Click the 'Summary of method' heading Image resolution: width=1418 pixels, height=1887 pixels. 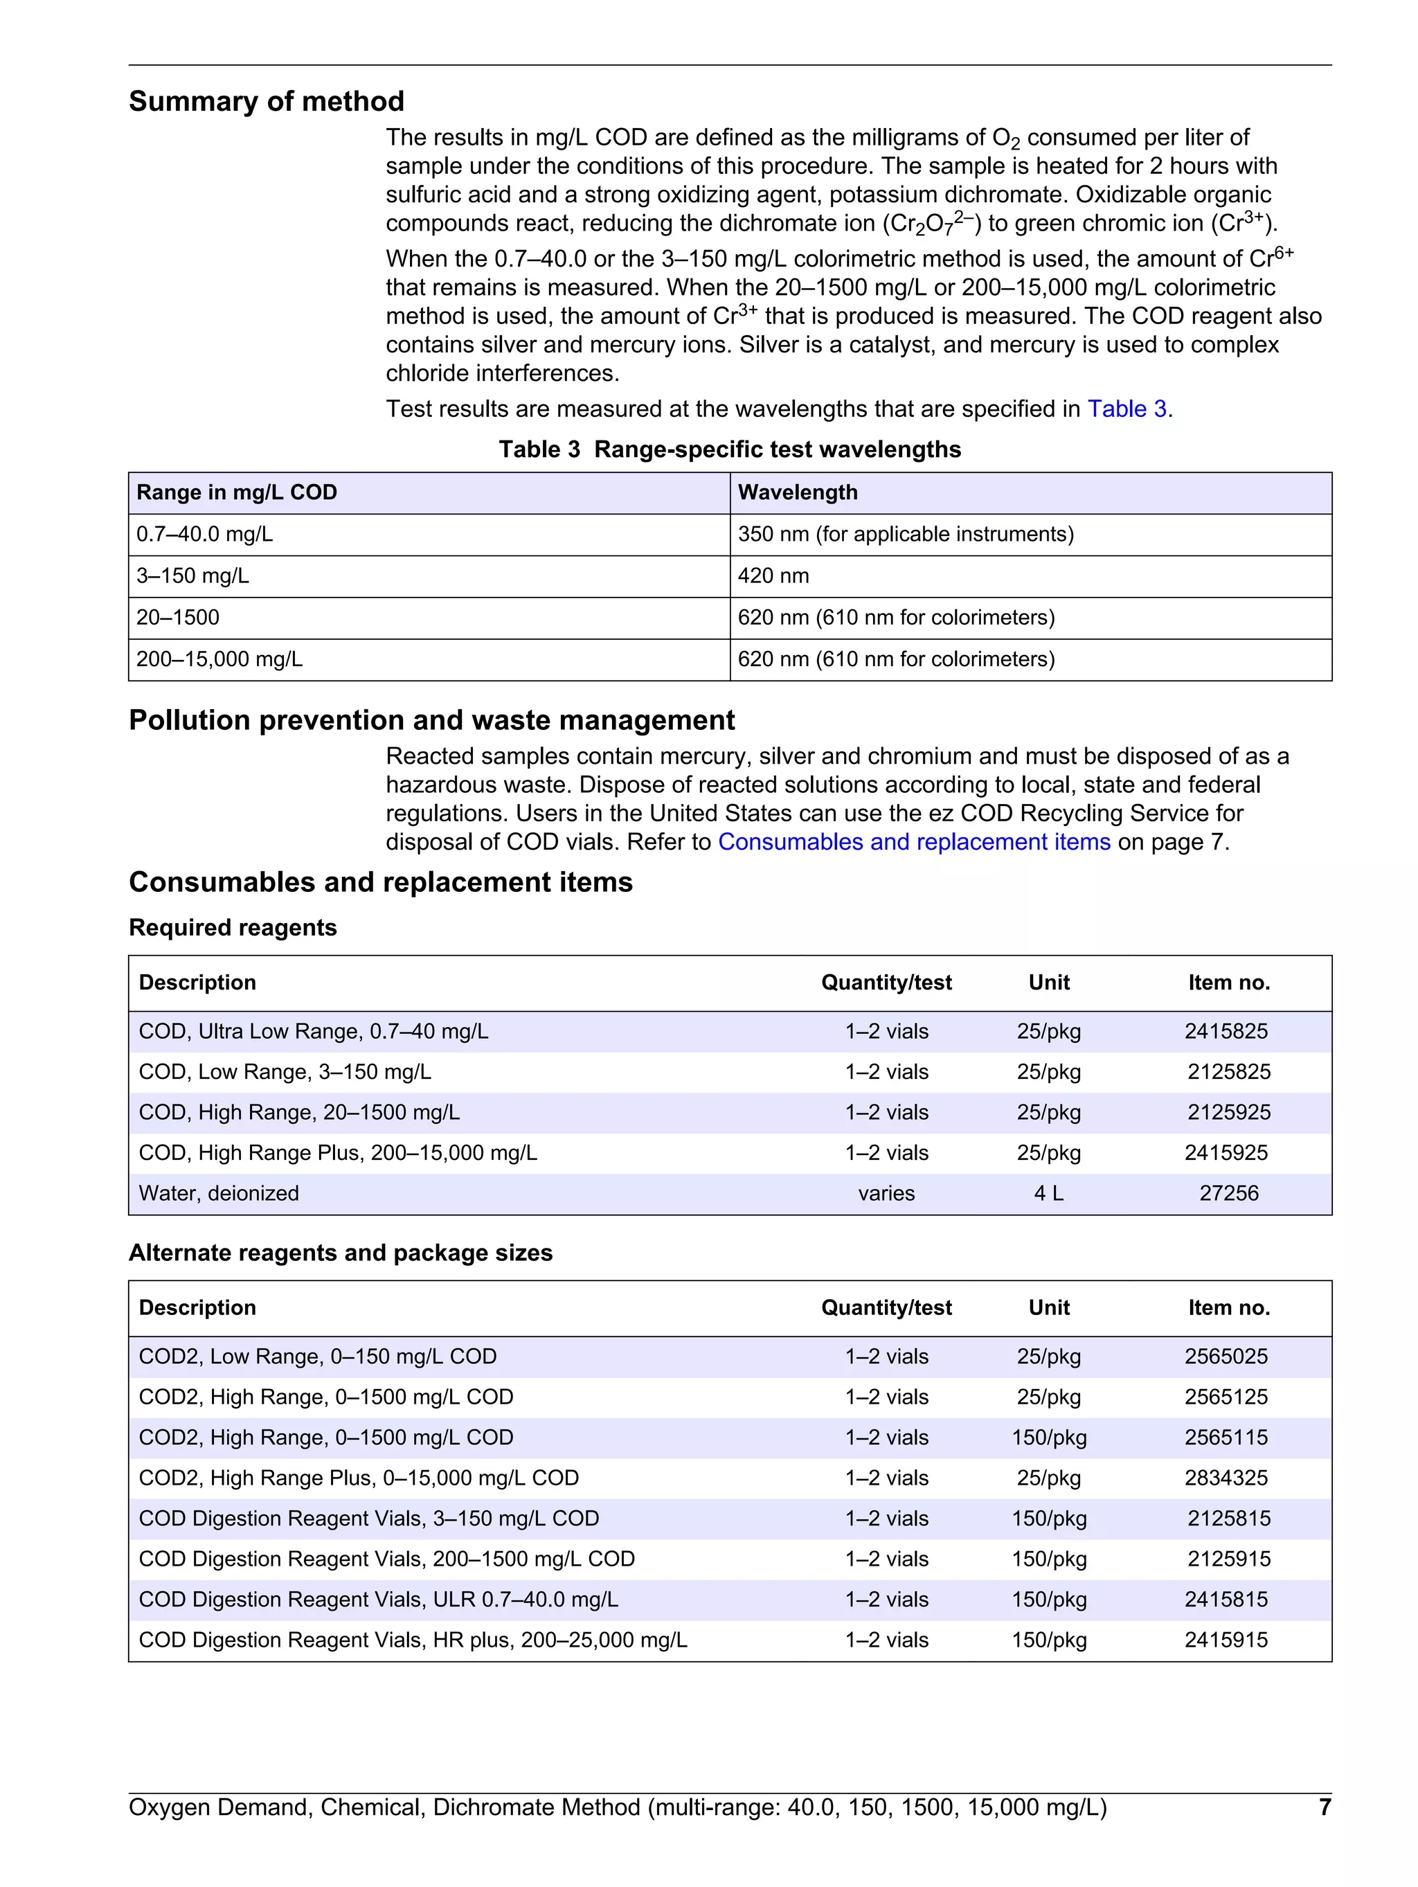pos(266,102)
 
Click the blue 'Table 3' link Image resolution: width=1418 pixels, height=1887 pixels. pos(1127,409)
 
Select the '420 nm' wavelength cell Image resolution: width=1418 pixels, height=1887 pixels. pos(773,576)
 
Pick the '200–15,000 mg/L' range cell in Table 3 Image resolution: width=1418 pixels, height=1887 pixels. pos(219,659)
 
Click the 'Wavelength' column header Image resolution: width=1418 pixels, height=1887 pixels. pos(797,492)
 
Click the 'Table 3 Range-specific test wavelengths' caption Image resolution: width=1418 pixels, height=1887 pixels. pos(730,449)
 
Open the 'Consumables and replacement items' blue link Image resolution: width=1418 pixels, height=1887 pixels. pos(914,842)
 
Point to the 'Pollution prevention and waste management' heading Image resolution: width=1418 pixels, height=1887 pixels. pos(432,720)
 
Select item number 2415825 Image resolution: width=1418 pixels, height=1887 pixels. pos(1226,1031)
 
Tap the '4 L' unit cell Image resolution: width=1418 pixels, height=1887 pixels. pos(1048,1193)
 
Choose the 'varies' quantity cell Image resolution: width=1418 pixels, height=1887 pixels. pos(886,1193)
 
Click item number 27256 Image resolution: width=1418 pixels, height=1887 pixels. pos(1228,1193)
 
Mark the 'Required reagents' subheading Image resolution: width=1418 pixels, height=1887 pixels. pos(233,928)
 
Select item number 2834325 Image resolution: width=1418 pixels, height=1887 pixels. pos(1226,1478)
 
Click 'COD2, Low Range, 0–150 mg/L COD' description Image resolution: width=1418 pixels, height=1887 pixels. pos(317,1357)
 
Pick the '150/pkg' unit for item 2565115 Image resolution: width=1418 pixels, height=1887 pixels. pos(1048,1438)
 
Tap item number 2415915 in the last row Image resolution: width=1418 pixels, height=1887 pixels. pos(1226,1640)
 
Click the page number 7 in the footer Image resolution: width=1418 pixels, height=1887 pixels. pos(1324,1807)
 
